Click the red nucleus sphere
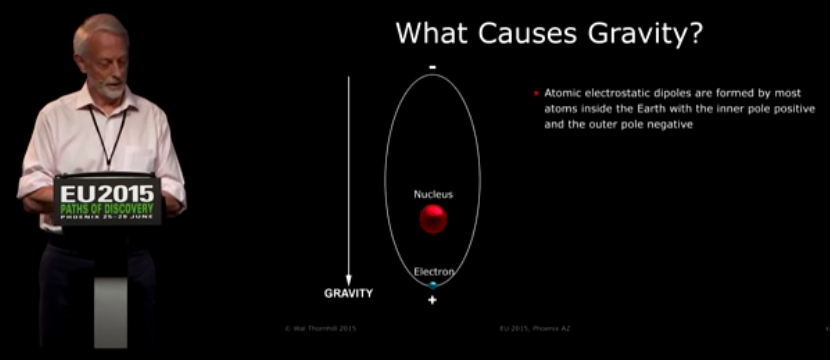click(433, 219)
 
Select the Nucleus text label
click(433, 193)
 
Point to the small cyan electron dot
click(433, 284)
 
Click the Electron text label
click(435, 271)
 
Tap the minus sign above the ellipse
click(432, 67)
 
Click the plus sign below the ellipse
click(432, 300)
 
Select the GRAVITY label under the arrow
click(348, 294)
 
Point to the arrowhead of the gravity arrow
click(348, 279)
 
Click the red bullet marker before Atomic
click(536, 93)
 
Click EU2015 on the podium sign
click(106, 192)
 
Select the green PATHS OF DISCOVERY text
click(106, 208)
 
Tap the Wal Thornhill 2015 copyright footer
click(321, 327)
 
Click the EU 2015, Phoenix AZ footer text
click(532, 327)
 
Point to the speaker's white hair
click(100, 28)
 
